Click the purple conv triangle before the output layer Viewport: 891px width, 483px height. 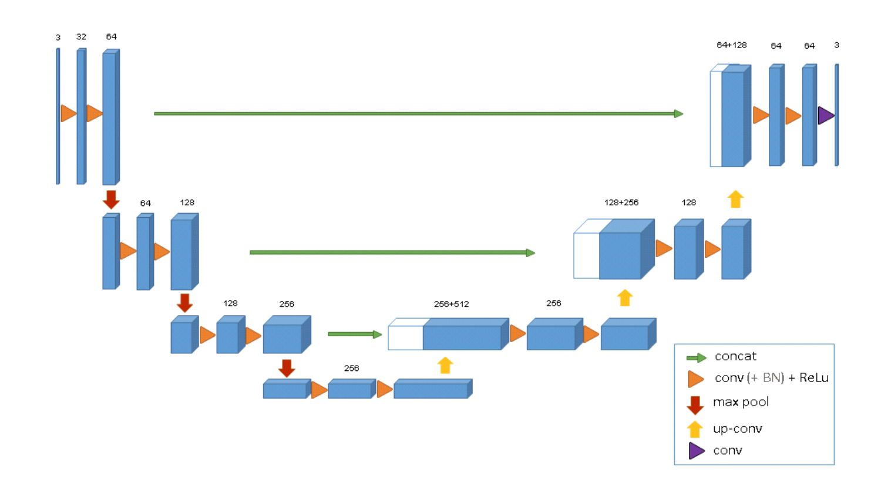[x=825, y=116]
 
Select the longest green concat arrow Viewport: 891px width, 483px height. [x=418, y=113]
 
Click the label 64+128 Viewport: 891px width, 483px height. [x=732, y=45]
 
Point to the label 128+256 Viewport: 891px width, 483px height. [x=621, y=202]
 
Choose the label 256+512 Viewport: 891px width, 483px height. [x=451, y=305]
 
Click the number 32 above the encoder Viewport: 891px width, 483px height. [x=81, y=37]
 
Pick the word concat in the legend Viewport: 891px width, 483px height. [x=735, y=357]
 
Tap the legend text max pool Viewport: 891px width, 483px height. [x=741, y=403]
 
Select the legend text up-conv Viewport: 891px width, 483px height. [x=737, y=429]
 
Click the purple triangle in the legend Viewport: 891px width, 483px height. [x=697, y=451]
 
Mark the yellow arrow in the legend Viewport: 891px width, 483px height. [x=695, y=429]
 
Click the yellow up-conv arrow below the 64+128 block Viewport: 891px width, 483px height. [x=735, y=199]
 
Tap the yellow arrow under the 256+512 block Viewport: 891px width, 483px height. [x=445, y=366]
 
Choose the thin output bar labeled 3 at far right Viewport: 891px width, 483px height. [x=836, y=116]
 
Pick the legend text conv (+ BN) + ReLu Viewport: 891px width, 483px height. [x=771, y=378]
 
